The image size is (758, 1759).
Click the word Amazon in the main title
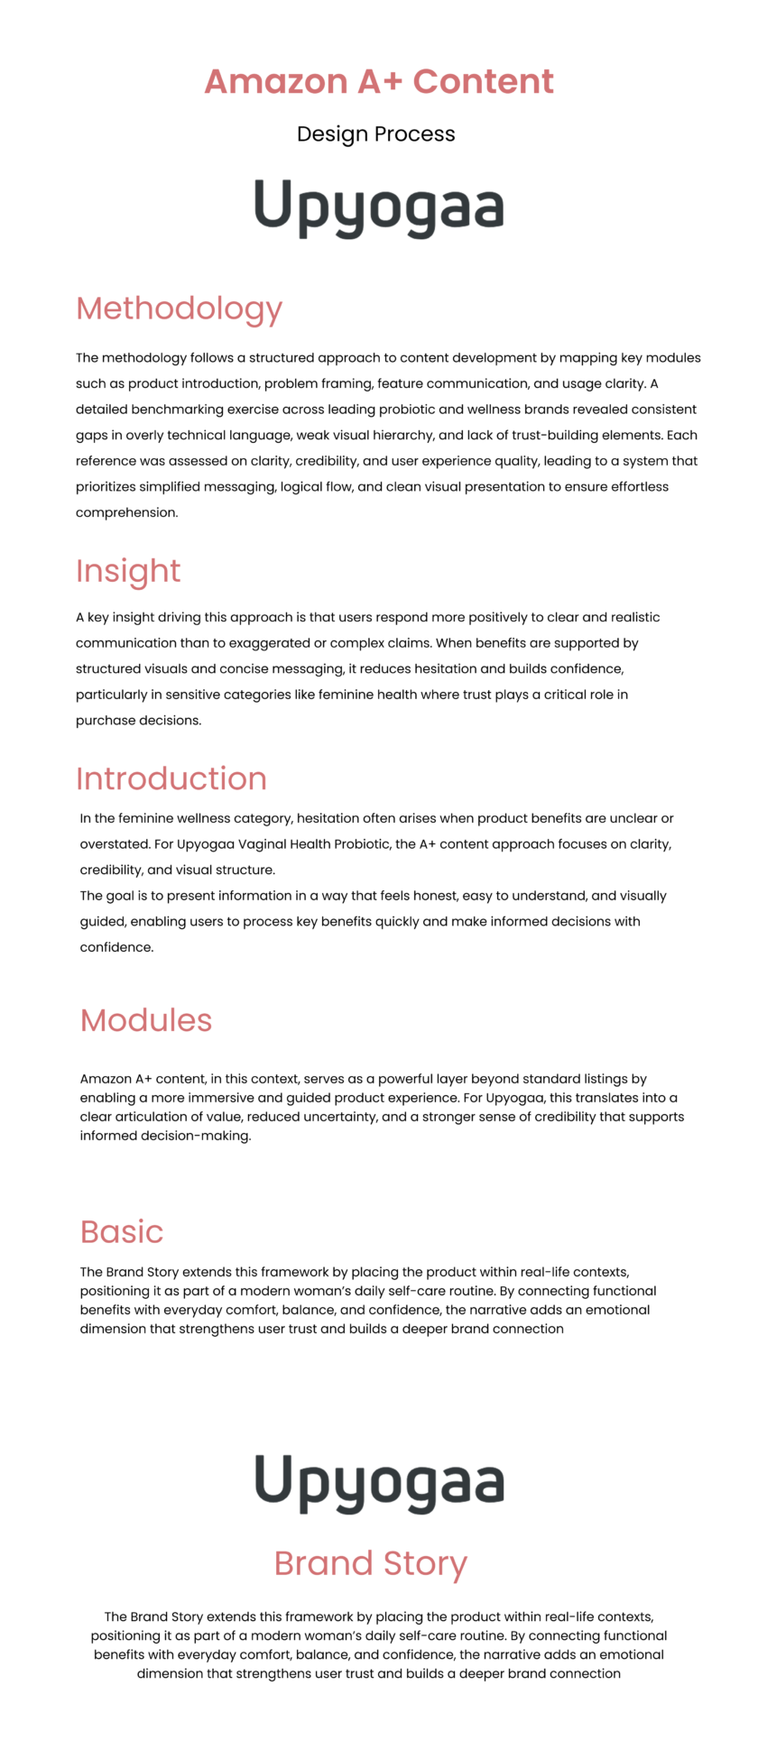275,81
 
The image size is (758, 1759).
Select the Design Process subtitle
376,134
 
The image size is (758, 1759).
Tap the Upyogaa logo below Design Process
379,207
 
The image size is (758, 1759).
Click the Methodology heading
180,309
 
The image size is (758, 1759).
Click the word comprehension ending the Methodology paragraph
126,512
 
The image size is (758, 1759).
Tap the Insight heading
128,571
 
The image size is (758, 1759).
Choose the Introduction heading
171,778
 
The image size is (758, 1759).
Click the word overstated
114,844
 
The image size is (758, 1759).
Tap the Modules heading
146,1020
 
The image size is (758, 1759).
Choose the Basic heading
122,1232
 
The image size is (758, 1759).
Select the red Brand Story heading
371,1563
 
